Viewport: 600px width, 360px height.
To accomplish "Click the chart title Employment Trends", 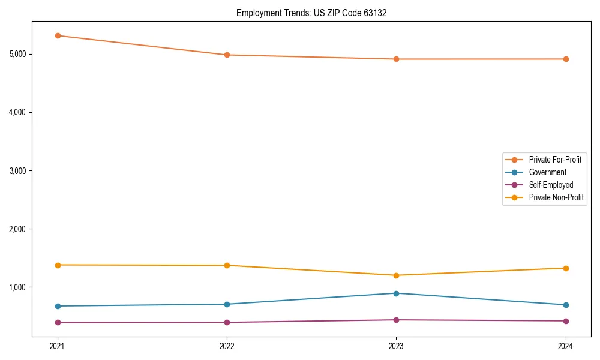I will [x=311, y=13].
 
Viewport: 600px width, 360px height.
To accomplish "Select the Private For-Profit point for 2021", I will [x=58, y=35].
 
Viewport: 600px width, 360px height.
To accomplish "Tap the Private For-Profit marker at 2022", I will [x=227, y=55].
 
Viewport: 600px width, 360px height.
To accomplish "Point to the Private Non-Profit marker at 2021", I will [x=58, y=265].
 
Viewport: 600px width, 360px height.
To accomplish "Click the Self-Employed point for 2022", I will [x=227, y=322].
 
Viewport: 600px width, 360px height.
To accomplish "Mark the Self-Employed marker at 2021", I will [x=58, y=322].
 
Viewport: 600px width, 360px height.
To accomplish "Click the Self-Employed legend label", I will [x=551, y=185].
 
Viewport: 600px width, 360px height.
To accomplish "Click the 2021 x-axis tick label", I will [x=58, y=346].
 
